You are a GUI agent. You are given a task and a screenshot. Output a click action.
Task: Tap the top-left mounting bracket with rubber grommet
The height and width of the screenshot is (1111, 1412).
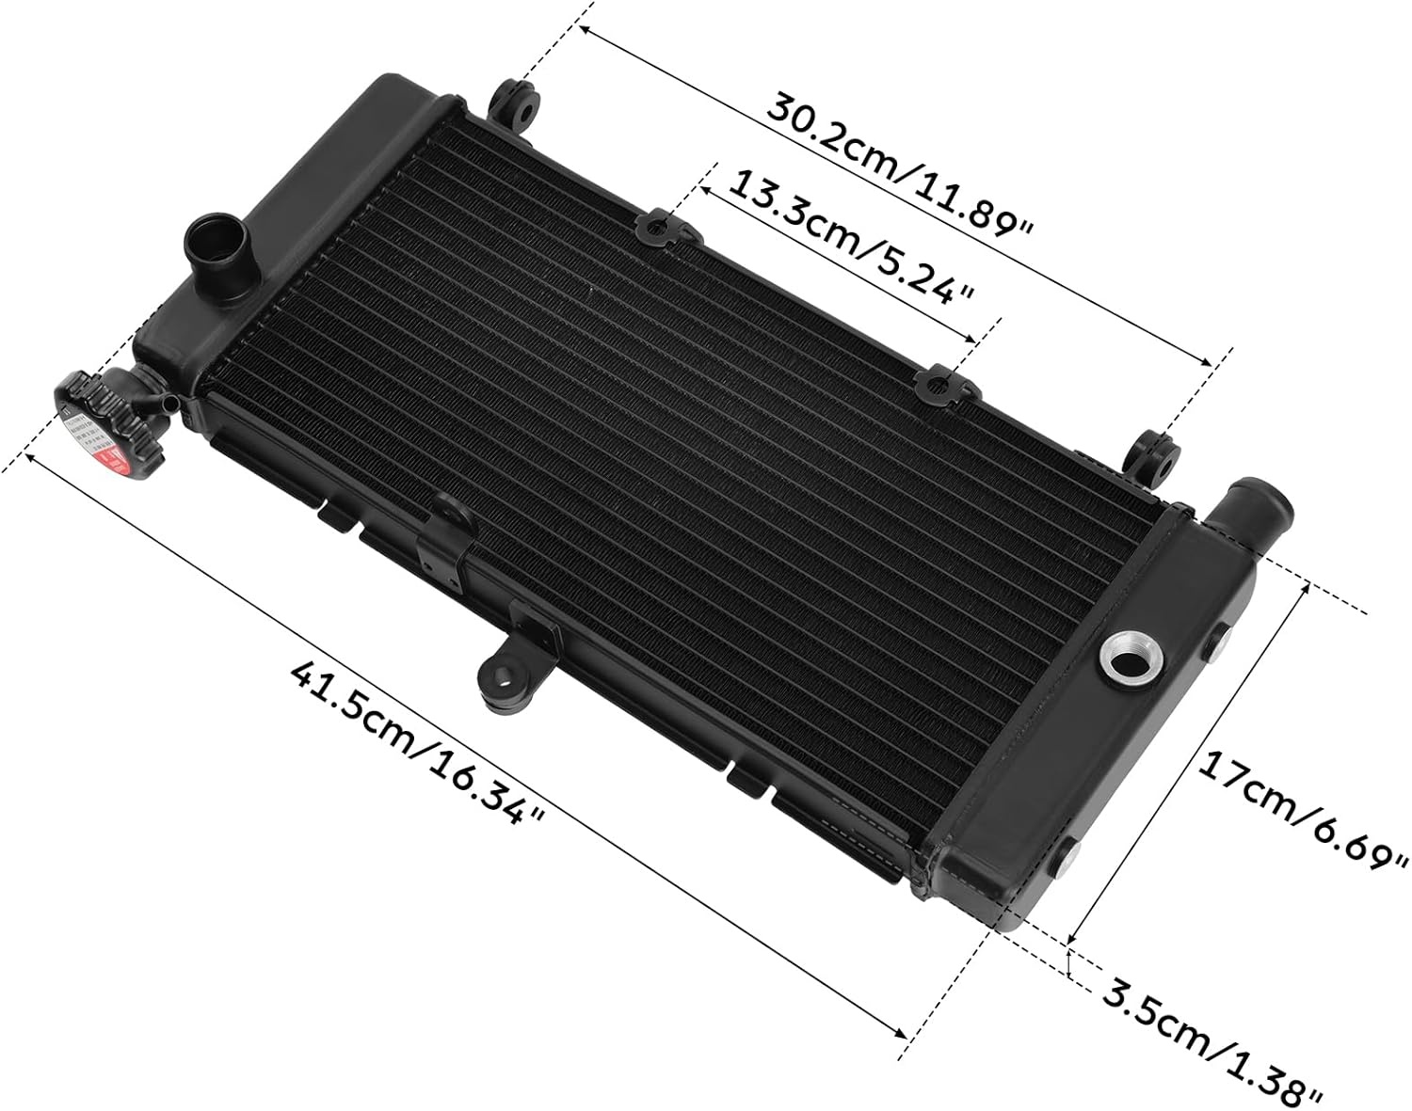pyautogui.click(x=516, y=104)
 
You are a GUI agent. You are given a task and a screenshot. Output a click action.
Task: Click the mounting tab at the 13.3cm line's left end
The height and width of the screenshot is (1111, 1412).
pyautogui.click(x=663, y=228)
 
